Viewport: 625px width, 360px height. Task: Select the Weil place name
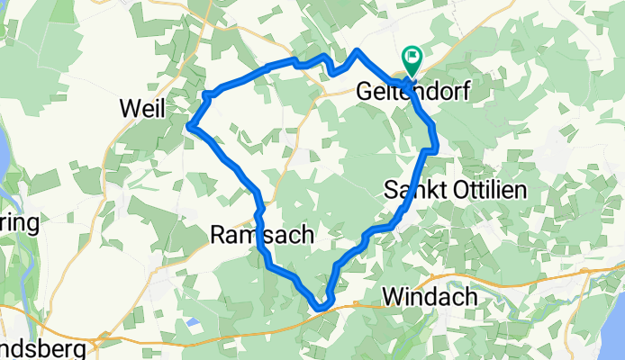(142, 110)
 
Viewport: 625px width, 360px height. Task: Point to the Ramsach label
(262, 236)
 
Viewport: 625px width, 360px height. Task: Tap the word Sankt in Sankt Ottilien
(411, 190)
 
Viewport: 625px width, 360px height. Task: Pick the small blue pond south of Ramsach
(192, 321)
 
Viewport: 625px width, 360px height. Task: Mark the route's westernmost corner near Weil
(190, 127)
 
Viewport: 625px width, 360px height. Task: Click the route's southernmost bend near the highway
(321, 310)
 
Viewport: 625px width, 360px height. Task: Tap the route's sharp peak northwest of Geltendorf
(358, 51)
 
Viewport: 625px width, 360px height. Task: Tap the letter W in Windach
(391, 296)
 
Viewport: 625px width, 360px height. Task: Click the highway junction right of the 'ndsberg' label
(106, 339)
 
